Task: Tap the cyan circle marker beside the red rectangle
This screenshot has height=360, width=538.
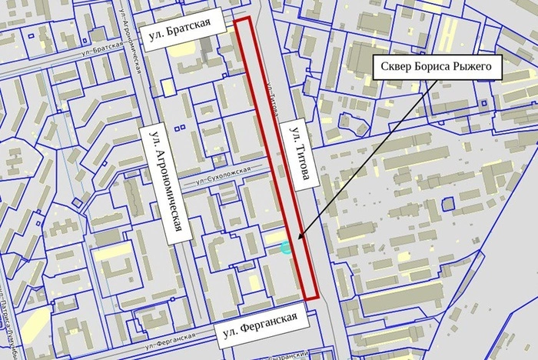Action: pos(287,247)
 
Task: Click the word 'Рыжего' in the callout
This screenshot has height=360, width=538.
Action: pos(476,67)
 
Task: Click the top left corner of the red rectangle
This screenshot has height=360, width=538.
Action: pos(235,17)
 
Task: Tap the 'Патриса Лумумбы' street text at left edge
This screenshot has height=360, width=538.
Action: pos(9,323)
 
